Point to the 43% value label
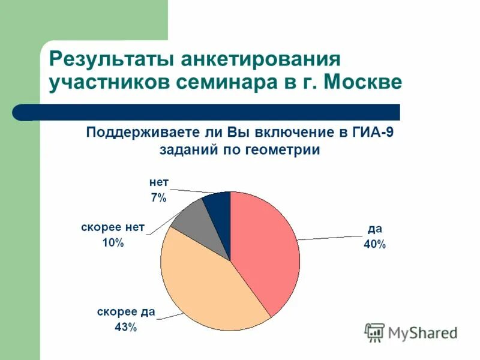[126, 327]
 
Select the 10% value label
[112, 242]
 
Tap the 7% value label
[158, 198]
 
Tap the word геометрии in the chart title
[283, 150]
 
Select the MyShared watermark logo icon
[374, 332]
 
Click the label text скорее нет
[113, 227]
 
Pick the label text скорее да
[126, 312]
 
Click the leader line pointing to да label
[330, 236]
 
